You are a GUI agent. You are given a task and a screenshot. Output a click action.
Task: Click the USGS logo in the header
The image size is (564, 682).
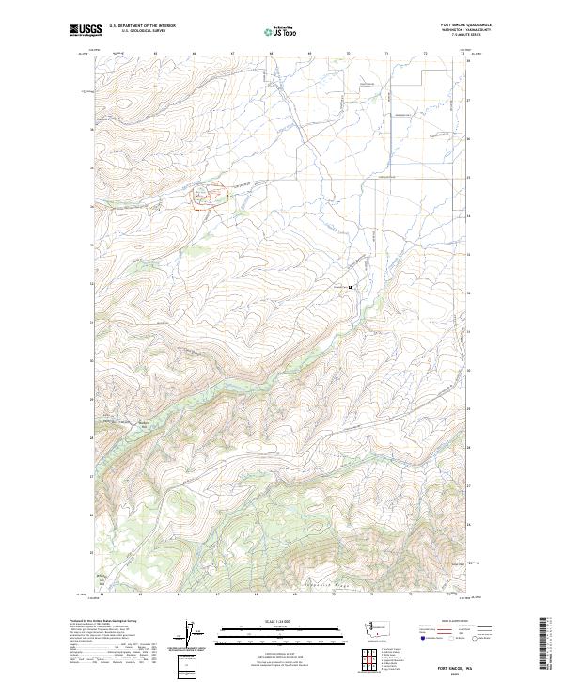click(x=86, y=30)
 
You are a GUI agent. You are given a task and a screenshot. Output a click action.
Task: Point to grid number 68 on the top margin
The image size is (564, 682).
click(x=271, y=54)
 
